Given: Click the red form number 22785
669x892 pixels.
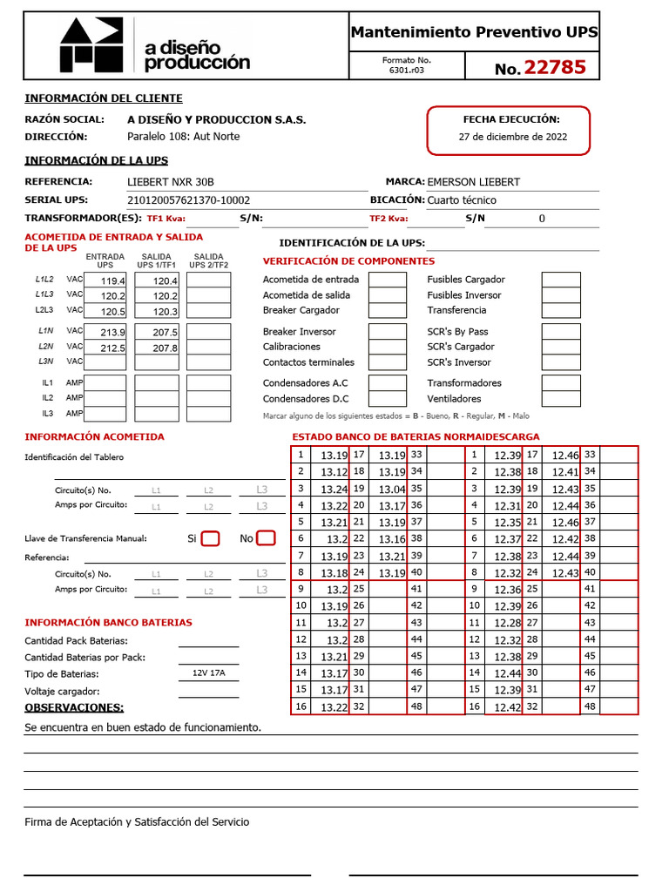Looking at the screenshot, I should [x=554, y=67].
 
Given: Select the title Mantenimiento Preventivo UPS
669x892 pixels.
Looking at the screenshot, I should [x=474, y=32].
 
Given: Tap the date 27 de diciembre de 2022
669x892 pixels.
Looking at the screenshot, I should [x=512, y=137].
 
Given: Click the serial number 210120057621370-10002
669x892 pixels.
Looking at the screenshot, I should [x=188, y=199].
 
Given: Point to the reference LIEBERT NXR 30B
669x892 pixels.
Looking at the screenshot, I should [x=171, y=182].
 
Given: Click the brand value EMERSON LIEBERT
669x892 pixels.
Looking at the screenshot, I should [x=473, y=182].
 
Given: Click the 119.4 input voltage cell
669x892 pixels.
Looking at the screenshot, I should [x=105, y=280].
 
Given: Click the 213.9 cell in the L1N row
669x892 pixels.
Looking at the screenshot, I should [x=105, y=332].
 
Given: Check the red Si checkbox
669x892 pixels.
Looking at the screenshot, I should [x=210, y=538].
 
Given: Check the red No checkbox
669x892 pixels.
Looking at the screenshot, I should [x=267, y=538].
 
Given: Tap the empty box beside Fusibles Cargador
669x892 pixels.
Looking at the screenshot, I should [x=561, y=280].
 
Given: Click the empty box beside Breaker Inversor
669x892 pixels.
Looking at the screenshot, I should [x=388, y=332].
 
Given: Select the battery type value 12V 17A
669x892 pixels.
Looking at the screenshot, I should [x=208, y=673].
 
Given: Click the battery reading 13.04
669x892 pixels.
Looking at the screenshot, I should [x=392, y=489].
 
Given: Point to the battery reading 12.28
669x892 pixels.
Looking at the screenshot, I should [x=508, y=622].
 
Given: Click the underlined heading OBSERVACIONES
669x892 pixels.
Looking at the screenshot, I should [x=74, y=707].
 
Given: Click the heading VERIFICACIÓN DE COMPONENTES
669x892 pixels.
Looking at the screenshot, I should [x=348, y=261].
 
